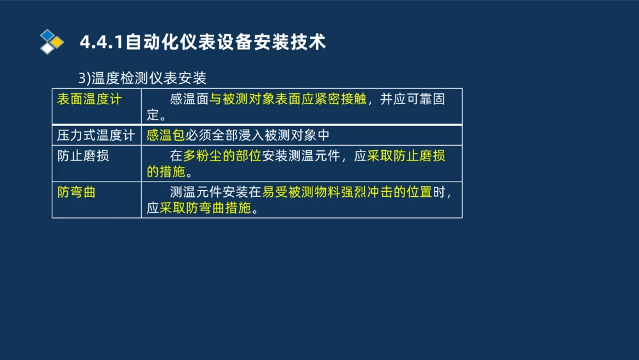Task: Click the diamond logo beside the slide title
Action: point(52,42)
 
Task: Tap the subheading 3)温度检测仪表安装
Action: point(142,78)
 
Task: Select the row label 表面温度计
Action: point(89,99)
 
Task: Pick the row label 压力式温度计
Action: point(96,136)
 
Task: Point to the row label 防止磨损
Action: point(83,155)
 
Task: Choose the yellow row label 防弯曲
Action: point(77,192)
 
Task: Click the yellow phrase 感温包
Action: point(166,136)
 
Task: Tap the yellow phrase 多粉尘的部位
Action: point(222,155)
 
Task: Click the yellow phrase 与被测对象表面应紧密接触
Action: point(288,99)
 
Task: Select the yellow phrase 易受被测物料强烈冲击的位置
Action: point(347,192)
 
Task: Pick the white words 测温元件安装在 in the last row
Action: point(216,192)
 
